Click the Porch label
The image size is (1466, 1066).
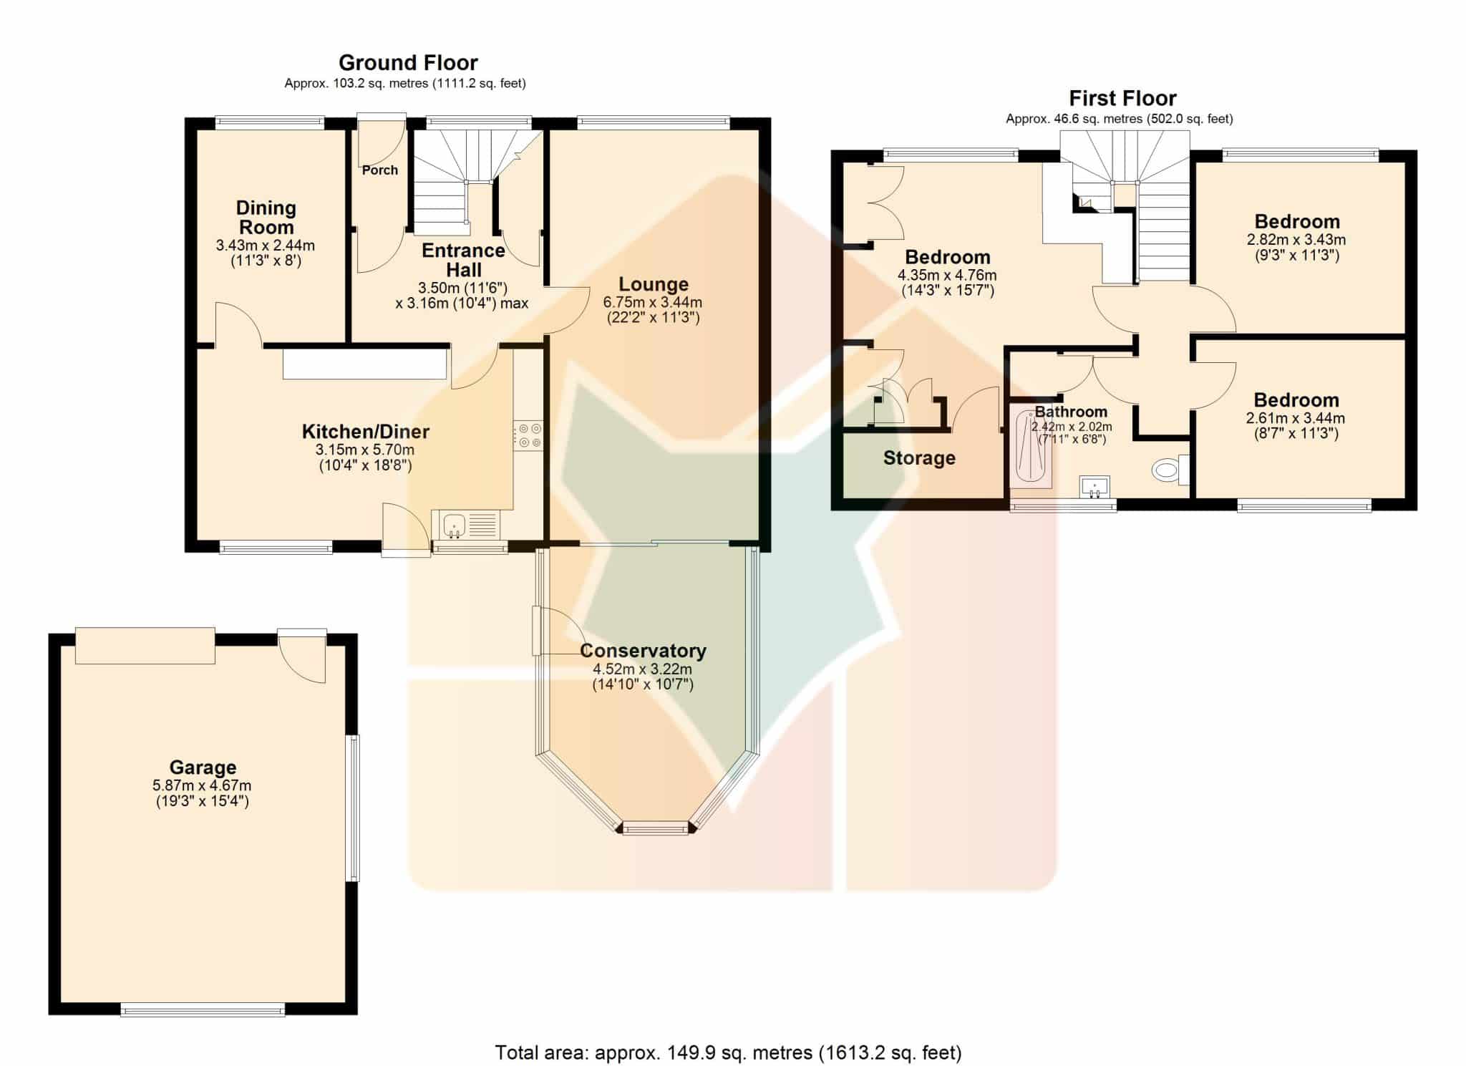coord(379,170)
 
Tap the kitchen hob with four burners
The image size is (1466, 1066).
coord(528,435)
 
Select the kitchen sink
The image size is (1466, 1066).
coord(465,525)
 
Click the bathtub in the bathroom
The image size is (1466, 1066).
coord(1031,446)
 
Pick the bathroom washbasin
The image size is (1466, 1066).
coord(1094,487)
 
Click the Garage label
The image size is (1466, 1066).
coord(203,767)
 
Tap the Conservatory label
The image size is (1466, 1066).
coord(643,650)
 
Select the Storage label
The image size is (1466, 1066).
coord(919,458)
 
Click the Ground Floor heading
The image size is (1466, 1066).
coord(408,62)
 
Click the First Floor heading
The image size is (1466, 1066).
coord(1122,98)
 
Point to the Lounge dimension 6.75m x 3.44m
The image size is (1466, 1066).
coord(653,302)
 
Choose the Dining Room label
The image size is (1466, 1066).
coord(266,217)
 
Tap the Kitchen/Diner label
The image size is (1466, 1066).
coord(365,431)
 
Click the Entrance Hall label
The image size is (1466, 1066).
coord(463,260)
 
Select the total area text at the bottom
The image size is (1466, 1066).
coord(728,1052)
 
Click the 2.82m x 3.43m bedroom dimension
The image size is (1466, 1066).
coord(1296,240)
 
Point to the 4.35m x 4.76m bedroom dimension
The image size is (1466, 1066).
coord(947,275)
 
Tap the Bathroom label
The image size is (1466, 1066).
coord(1071,412)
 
